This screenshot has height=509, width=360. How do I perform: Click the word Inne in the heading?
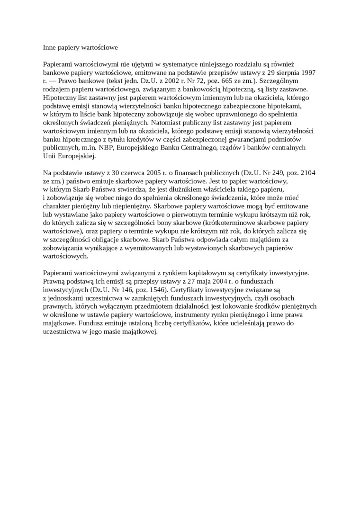49,47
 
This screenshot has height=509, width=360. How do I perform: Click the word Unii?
50,156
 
